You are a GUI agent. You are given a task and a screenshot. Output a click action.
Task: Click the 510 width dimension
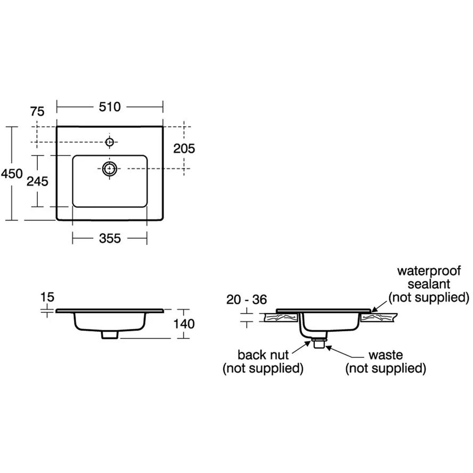(x=110, y=107)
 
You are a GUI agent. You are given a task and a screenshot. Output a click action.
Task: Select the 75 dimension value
(x=37, y=111)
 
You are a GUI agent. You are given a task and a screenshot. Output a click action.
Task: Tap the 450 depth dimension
(x=11, y=173)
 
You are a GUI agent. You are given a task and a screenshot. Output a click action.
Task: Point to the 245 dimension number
(x=37, y=181)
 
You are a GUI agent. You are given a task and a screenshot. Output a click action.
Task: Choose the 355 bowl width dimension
(x=110, y=239)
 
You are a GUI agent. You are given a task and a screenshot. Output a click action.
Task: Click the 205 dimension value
(x=184, y=149)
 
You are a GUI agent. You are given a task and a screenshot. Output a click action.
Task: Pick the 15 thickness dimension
(x=47, y=296)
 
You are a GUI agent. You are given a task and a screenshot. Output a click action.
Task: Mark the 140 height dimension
(x=184, y=323)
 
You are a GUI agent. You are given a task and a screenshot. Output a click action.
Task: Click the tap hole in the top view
(x=110, y=142)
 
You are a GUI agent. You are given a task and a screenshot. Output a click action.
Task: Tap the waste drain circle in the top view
(x=110, y=169)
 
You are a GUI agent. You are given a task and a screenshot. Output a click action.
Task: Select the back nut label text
(x=263, y=354)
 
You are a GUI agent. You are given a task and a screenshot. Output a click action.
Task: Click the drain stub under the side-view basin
(x=110, y=335)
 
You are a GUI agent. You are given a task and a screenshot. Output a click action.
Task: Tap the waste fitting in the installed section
(x=319, y=342)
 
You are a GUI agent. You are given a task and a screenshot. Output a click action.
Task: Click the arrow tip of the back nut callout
(x=311, y=341)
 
